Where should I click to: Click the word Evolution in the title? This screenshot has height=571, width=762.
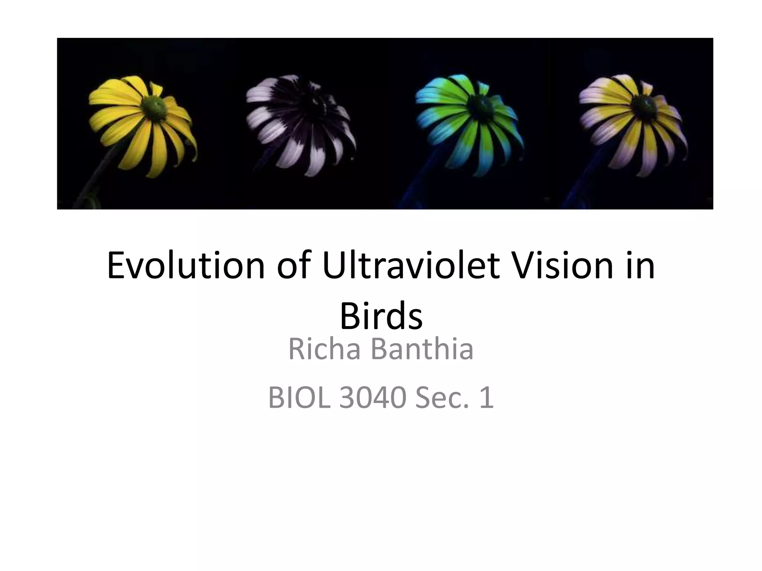(186, 265)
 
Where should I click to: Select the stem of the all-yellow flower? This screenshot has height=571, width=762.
(93, 182)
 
